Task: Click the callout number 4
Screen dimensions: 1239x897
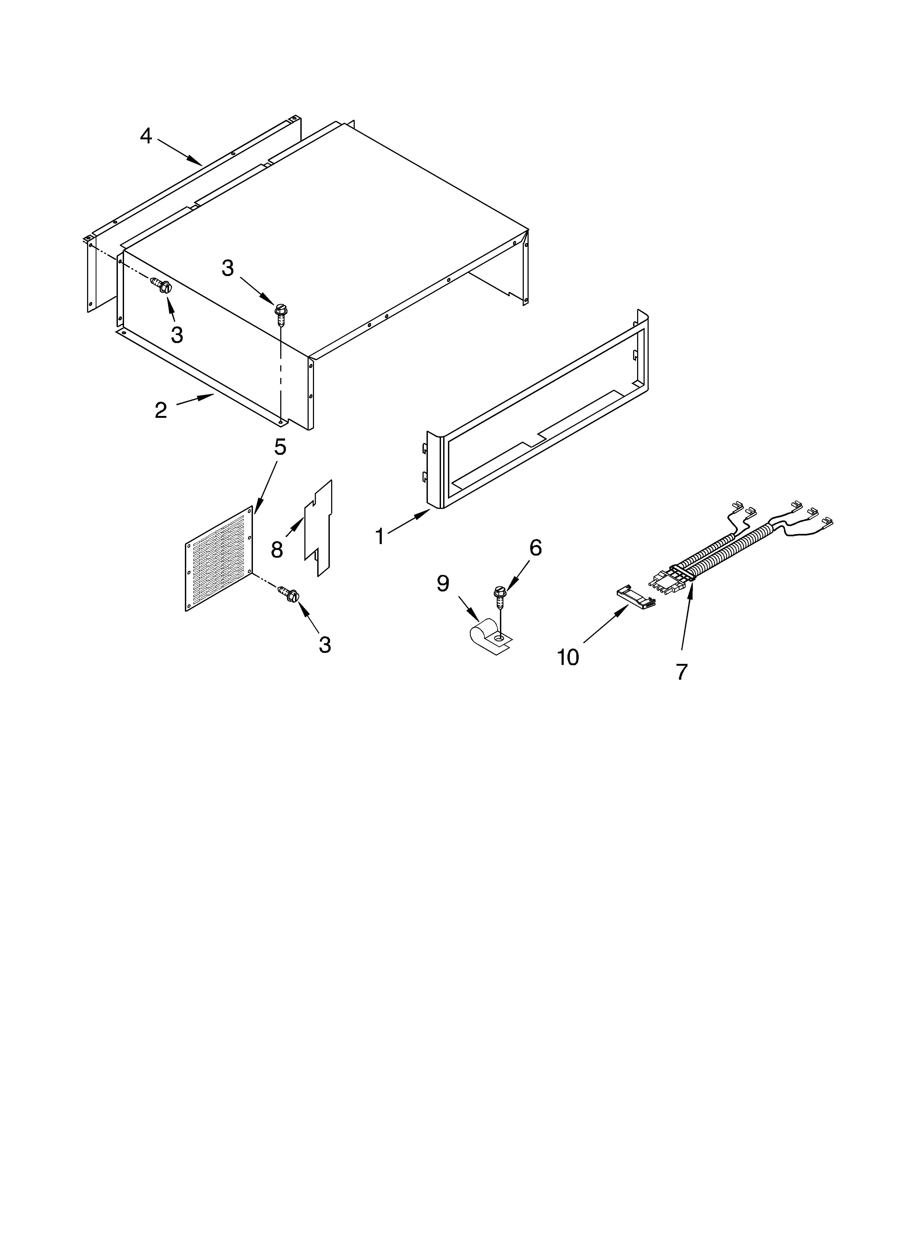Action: pos(145,136)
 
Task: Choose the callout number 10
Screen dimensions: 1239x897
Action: pos(568,657)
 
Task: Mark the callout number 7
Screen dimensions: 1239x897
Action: pos(681,671)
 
